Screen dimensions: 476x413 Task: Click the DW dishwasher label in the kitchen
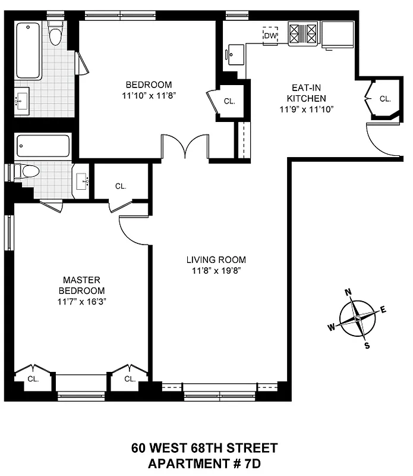271,36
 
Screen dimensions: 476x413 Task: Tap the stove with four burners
304,33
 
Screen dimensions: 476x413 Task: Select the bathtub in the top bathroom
28,51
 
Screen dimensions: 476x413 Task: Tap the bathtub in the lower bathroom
43,146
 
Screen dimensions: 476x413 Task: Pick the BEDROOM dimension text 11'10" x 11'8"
149,94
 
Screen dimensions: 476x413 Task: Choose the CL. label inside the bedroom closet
229,101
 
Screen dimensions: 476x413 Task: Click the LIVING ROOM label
216,259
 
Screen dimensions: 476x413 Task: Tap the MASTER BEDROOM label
82,285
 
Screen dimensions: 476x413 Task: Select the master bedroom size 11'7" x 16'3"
82,301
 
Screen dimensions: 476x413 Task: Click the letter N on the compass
349,291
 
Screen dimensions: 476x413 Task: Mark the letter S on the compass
367,346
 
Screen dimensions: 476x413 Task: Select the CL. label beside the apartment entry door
385,99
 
